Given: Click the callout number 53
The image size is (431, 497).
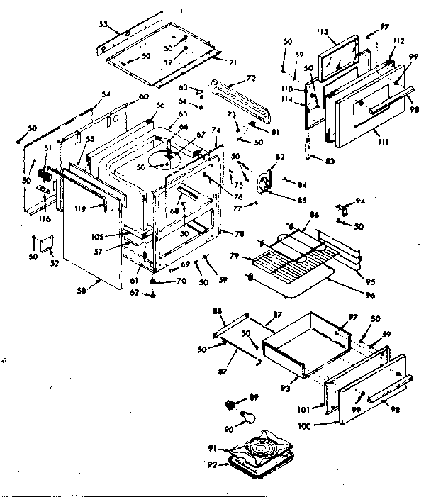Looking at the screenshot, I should coord(103,24).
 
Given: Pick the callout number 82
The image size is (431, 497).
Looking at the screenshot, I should coord(280,157).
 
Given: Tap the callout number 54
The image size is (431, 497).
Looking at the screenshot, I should coord(106,94).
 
